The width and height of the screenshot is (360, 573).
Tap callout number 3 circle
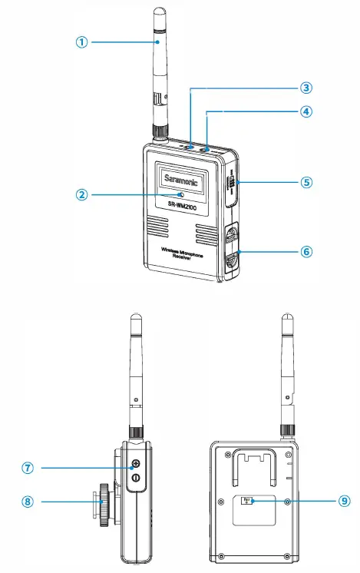pyautogui.click(x=306, y=88)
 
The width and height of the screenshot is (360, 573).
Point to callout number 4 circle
pyautogui.click(x=306, y=111)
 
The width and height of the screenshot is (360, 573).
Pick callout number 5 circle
pyautogui.click(x=306, y=183)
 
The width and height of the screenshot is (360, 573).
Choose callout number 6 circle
pyautogui.click(x=306, y=251)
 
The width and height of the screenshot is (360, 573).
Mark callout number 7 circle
pyautogui.click(x=28, y=467)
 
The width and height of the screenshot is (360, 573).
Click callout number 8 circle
pyautogui.click(x=28, y=502)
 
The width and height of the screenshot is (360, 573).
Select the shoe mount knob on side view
pyautogui.click(x=103, y=504)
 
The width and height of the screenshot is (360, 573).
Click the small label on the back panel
pyautogui.click(x=248, y=500)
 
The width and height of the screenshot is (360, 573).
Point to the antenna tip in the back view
pyautogui.click(x=289, y=319)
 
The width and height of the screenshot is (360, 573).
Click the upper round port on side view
pyautogui.click(x=135, y=463)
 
